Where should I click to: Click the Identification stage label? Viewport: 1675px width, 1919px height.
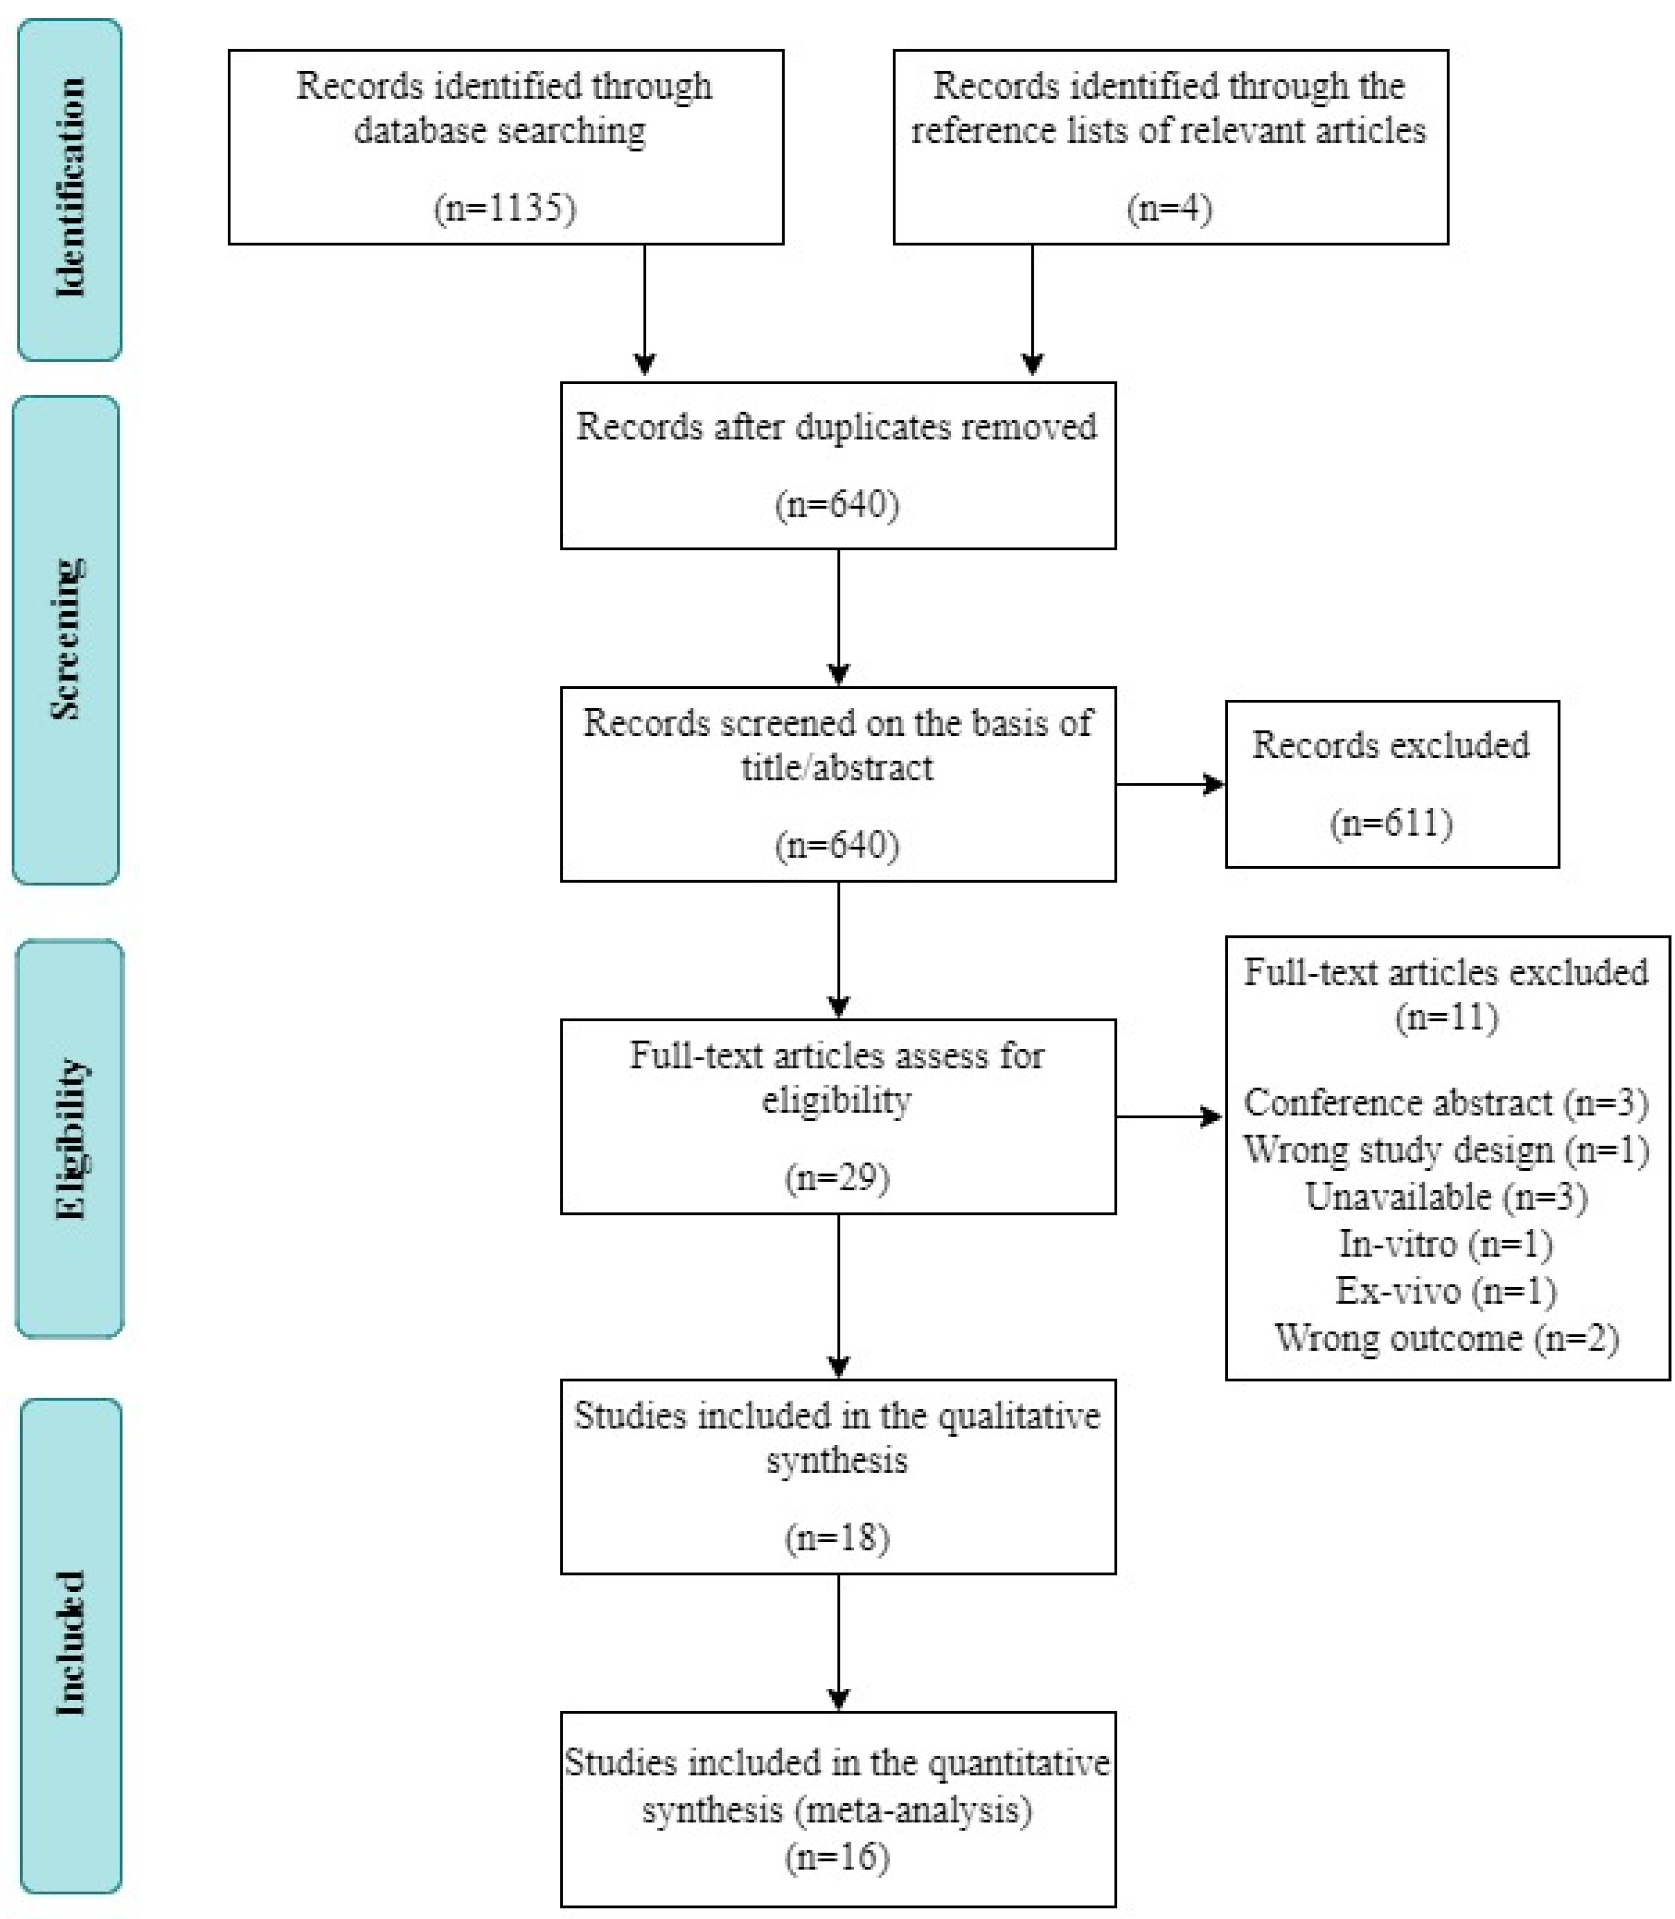[69, 189]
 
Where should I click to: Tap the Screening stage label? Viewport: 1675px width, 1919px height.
[65, 639]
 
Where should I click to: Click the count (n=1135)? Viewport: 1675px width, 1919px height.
[504, 207]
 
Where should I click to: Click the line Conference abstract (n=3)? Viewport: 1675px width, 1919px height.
[1445, 1103]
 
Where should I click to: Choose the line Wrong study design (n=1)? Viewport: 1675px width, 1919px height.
[1445, 1150]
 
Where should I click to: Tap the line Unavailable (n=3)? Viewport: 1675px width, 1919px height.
[1445, 1197]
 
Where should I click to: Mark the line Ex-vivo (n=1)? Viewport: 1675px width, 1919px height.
[1445, 1291]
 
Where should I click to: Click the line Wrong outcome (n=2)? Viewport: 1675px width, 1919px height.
[1445, 1338]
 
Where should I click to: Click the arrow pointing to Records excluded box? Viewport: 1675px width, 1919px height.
[1171, 785]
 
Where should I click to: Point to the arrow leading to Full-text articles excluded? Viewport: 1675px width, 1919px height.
[1168, 1116]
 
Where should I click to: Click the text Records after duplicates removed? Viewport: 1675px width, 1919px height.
[836, 427]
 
